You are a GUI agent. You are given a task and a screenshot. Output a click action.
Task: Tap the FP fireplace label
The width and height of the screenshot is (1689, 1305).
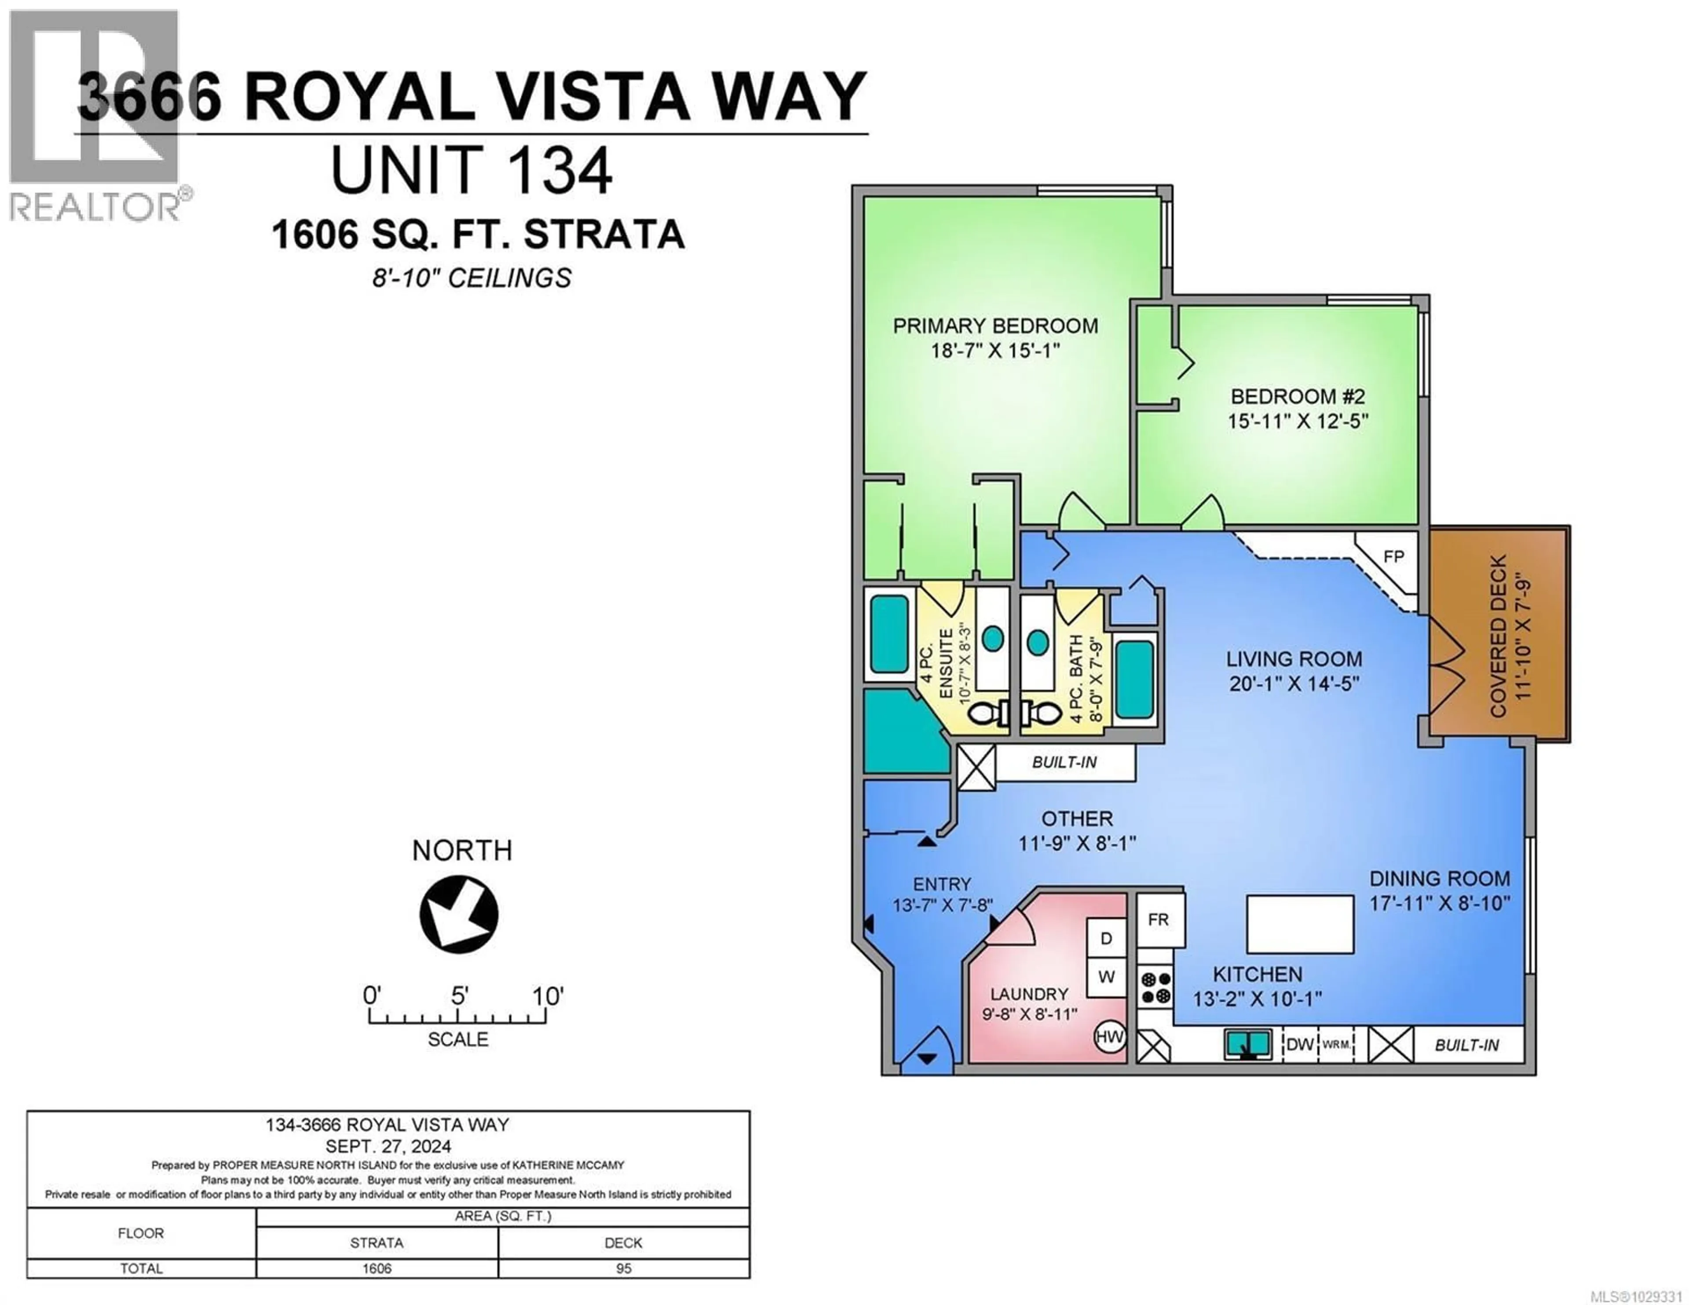pos(1393,556)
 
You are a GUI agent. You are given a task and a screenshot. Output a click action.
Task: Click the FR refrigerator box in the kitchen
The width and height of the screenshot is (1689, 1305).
pos(1159,920)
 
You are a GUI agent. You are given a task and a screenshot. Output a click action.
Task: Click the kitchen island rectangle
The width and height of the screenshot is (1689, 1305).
pos(1300,925)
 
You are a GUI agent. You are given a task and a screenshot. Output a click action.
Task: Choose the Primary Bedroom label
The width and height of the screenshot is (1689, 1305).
pos(995,325)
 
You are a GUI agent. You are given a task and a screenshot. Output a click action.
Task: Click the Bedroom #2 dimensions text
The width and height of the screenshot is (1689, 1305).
pos(1298,422)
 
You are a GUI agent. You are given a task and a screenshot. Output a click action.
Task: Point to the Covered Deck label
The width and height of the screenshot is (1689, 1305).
pos(1498,636)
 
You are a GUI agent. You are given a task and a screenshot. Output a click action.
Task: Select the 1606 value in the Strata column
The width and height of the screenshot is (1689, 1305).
pos(377,1268)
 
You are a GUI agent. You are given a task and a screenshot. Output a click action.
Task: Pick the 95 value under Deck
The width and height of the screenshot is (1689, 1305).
pos(623,1268)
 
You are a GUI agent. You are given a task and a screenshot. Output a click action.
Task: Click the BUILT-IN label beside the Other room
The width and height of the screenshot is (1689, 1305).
pos(1064,762)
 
